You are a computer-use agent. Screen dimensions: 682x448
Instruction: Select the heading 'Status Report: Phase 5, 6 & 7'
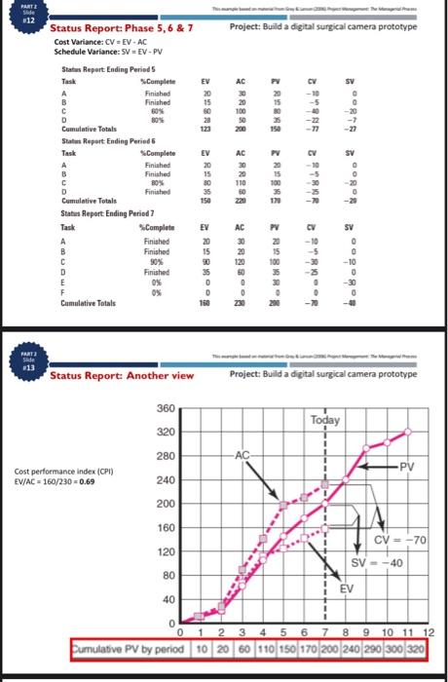[x=122, y=29]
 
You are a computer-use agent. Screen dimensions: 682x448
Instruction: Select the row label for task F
[x=63, y=293]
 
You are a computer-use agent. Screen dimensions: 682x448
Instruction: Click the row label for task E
[x=63, y=283]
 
